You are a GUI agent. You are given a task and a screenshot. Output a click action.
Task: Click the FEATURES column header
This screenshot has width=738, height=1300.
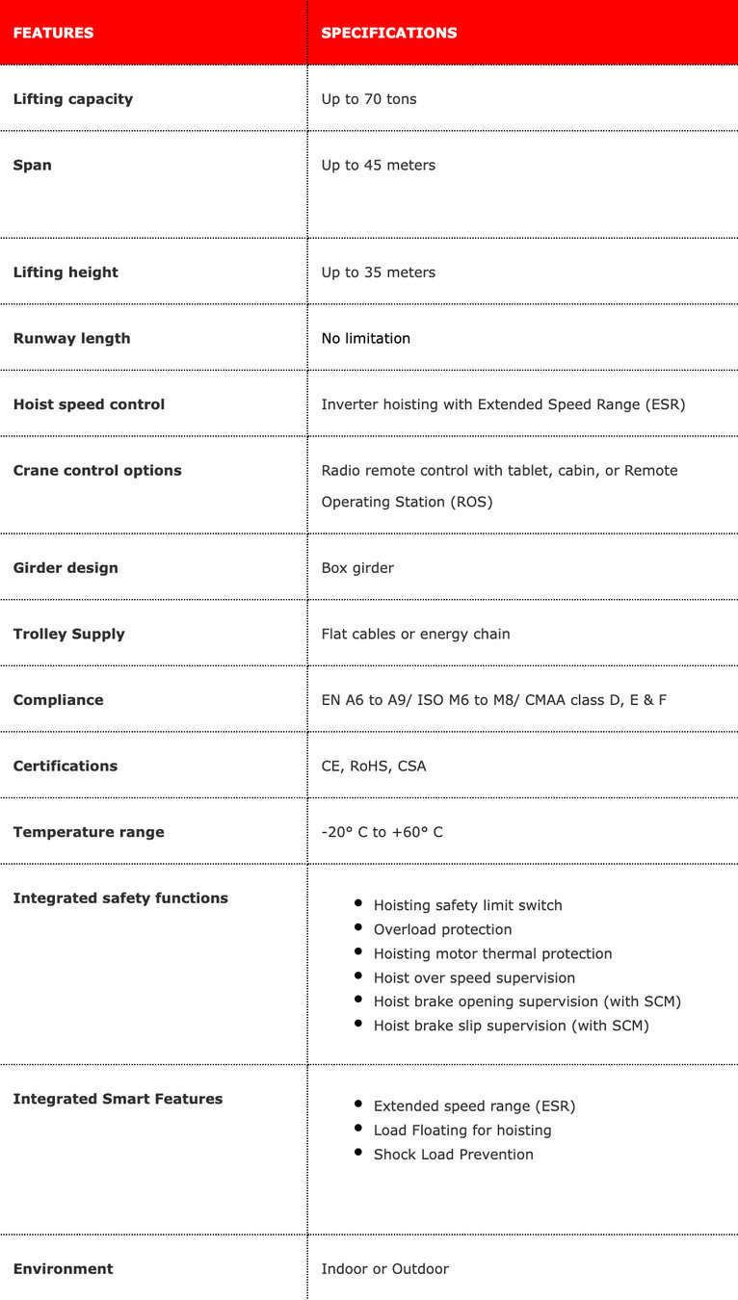coord(53,33)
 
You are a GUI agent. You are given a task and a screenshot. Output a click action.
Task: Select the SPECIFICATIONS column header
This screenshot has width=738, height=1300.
coord(388,33)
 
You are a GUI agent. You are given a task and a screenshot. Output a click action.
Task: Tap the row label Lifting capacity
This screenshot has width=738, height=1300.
coord(73,99)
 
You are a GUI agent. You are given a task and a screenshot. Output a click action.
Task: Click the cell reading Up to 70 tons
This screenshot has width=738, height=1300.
coord(369,99)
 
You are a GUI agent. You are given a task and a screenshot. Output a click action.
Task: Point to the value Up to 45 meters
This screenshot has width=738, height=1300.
coord(378,166)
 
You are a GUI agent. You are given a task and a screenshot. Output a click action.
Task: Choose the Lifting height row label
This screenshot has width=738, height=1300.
coord(66,273)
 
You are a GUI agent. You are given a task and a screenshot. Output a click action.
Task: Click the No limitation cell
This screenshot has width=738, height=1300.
coord(365,338)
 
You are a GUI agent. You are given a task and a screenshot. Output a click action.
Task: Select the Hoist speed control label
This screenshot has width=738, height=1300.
coord(89,404)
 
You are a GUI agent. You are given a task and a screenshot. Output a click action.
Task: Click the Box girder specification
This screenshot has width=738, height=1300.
coord(357,568)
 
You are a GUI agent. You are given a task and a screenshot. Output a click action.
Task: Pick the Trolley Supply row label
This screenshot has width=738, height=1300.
coord(68,634)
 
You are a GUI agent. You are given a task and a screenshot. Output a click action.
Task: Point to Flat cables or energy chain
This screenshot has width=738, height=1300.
coord(415,634)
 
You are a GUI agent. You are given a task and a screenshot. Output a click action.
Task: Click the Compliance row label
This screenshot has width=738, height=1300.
coord(58,700)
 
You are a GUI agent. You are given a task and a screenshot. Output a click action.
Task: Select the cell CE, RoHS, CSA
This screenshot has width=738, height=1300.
coord(373,767)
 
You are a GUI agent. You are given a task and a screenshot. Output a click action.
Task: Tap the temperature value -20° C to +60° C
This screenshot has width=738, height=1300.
coord(382,832)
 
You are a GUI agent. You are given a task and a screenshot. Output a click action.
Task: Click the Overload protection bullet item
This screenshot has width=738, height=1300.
coord(442,929)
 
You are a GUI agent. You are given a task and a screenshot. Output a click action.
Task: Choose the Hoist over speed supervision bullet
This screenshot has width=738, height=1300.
coord(474,977)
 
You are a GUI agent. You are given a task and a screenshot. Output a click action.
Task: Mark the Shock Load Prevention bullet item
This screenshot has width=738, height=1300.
coord(453,1155)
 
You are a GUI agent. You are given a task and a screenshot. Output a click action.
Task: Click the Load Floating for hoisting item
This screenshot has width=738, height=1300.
coord(462,1131)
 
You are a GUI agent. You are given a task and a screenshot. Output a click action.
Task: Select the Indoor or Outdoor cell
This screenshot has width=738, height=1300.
coord(384,1269)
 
